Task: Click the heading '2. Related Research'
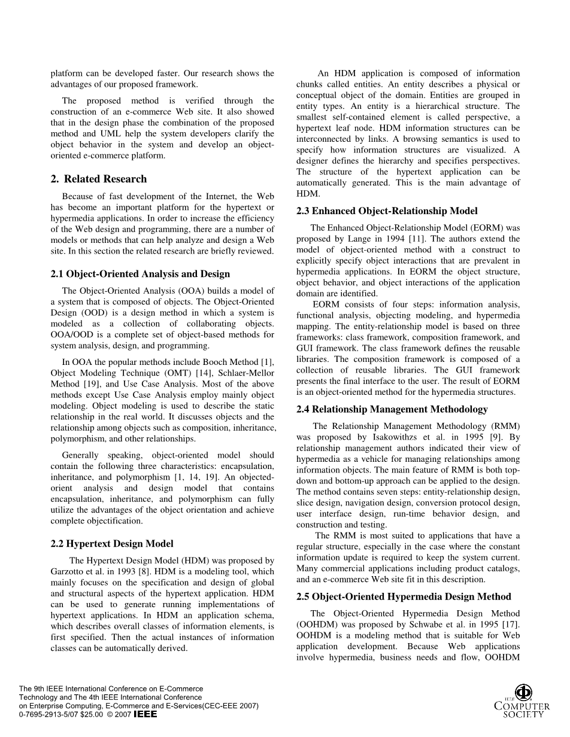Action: tap(99, 179)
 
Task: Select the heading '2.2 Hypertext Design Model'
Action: tap(112, 544)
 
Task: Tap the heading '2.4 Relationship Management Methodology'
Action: tap(392, 409)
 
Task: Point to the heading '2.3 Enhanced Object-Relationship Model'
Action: tap(387, 211)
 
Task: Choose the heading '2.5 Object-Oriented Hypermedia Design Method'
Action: tap(404, 596)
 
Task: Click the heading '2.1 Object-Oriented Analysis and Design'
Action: tap(140, 274)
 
